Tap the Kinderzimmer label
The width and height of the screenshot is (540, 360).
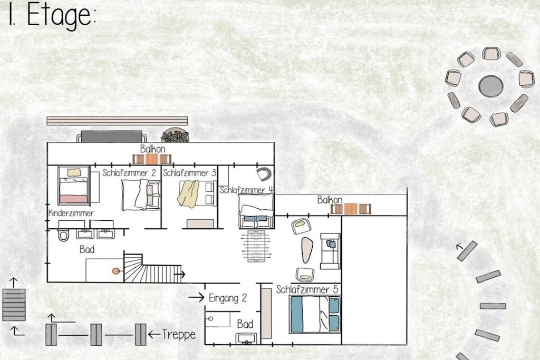click(x=71, y=213)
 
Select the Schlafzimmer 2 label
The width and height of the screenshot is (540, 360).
click(x=129, y=173)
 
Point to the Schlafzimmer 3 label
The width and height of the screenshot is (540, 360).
click(x=189, y=173)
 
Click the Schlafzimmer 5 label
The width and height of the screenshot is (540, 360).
click(x=307, y=289)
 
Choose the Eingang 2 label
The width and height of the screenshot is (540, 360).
click(x=228, y=298)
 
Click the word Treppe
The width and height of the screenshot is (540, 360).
click(x=179, y=334)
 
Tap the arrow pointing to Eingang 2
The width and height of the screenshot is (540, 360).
click(x=196, y=297)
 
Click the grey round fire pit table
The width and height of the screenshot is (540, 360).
click(x=491, y=86)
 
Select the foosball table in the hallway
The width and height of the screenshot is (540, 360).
click(x=256, y=247)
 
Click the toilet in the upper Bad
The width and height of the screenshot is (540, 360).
click(x=63, y=235)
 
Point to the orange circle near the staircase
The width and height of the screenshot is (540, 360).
click(x=116, y=271)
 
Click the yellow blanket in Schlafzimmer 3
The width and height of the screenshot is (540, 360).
click(x=188, y=194)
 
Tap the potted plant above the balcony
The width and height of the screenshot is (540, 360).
click(x=175, y=135)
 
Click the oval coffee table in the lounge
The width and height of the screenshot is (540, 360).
click(x=307, y=250)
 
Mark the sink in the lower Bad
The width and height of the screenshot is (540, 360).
click(x=247, y=339)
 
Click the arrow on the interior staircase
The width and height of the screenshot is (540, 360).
click(x=179, y=274)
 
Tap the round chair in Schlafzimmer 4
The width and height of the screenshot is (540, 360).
click(x=265, y=174)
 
